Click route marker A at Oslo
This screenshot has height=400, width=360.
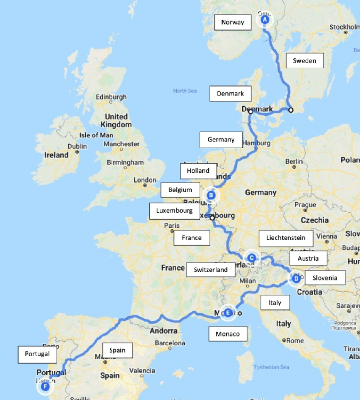[x=265, y=20]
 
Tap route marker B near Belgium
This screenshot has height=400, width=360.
[x=211, y=195]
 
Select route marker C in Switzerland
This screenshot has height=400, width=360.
[x=252, y=258]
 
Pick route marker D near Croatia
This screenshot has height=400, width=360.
[x=296, y=279]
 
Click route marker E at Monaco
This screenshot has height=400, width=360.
[x=228, y=313]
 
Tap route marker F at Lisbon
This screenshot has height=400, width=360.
[x=45, y=386]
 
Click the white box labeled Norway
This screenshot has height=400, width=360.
[x=233, y=22]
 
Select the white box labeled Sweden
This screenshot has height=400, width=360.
[x=304, y=61]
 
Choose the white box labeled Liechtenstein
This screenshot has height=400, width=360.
[x=286, y=238]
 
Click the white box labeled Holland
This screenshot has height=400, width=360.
[x=198, y=171]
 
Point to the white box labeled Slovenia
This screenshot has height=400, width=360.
[x=325, y=278]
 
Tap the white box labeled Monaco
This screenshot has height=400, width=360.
[x=228, y=334]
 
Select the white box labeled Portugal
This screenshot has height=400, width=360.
[x=37, y=354]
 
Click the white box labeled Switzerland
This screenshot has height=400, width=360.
[x=210, y=270]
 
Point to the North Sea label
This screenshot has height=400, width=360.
[x=185, y=91]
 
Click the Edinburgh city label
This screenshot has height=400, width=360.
[x=111, y=97]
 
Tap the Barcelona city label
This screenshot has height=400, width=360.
[x=170, y=343]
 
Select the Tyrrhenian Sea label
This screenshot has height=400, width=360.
[x=271, y=367]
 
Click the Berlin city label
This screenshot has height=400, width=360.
[x=294, y=161]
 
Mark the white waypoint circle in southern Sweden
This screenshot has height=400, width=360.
[x=291, y=110]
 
